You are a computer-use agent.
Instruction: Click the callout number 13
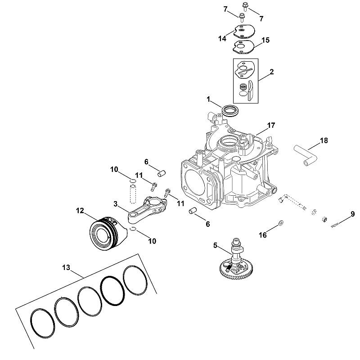click(x=66, y=267)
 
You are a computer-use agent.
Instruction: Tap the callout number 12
click(x=80, y=211)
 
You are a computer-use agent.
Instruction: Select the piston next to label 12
click(x=108, y=233)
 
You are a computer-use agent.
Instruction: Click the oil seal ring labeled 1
click(x=230, y=110)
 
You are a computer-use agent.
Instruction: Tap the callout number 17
click(x=271, y=126)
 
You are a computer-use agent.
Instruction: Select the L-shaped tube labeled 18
click(x=306, y=156)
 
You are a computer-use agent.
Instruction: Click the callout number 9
click(x=352, y=214)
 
